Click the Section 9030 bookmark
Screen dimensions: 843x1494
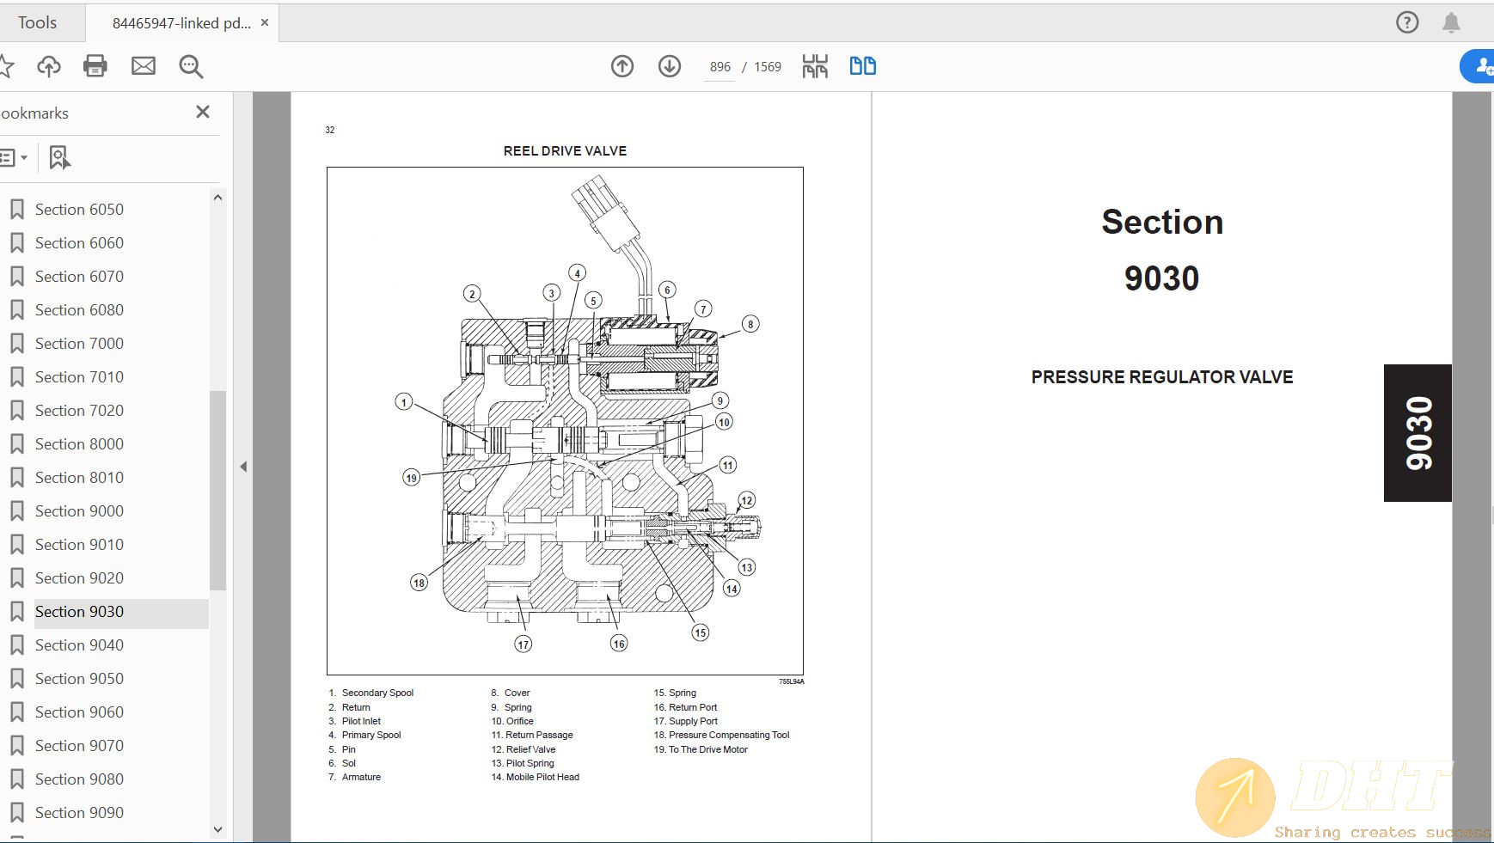pyautogui.click(x=79, y=612)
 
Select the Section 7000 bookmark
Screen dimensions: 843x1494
pyautogui.click(x=79, y=344)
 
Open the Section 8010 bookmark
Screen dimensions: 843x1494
pyautogui.click(x=79, y=478)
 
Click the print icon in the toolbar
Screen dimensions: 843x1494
pyautogui.click(x=95, y=66)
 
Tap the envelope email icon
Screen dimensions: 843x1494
pyautogui.click(x=144, y=66)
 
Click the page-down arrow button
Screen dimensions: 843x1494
pyautogui.click(x=670, y=66)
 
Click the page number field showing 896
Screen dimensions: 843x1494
pyautogui.click(x=719, y=67)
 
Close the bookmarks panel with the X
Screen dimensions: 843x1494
pyautogui.click(x=203, y=112)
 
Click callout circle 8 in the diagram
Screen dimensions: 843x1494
pyautogui.click(x=750, y=324)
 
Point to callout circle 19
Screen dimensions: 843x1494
pyautogui.click(x=411, y=478)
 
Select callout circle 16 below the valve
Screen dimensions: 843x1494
pyautogui.click(x=619, y=644)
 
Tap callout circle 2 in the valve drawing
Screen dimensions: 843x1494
pyautogui.click(x=471, y=294)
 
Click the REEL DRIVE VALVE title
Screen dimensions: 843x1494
pyautogui.click(x=565, y=151)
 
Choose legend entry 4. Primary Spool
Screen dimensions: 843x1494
pyautogui.click(x=365, y=735)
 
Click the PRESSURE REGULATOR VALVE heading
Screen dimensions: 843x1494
pyautogui.click(x=1161, y=377)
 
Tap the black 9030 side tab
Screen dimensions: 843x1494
pyautogui.click(x=1417, y=433)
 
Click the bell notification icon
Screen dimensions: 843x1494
pyautogui.click(x=1451, y=23)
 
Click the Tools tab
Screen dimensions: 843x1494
pyautogui.click(x=38, y=23)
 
